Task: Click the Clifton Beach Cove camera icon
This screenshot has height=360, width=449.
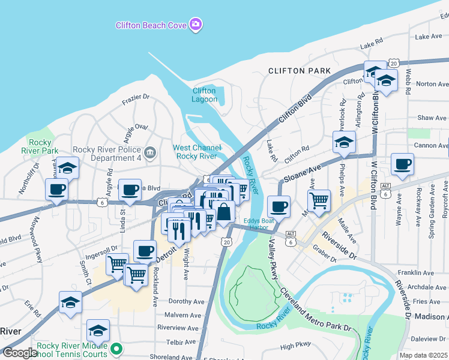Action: click(195, 25)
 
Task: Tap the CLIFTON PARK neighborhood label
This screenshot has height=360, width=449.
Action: click(300, 71)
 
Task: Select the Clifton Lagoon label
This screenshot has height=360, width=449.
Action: click(204, 95)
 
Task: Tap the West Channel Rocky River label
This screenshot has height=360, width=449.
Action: click(195, 152)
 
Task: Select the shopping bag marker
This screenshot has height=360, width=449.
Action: click(223, 212)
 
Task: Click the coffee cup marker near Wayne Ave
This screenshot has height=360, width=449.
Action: click(402, 164)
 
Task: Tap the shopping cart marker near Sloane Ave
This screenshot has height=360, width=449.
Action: click(319, 199)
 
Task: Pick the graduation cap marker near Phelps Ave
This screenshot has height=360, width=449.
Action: click(344, 142)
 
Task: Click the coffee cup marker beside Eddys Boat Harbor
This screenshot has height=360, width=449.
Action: click(279, 206)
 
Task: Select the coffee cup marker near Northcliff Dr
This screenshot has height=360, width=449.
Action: click(57, 190)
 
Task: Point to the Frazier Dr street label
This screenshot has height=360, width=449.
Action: click(135, 97)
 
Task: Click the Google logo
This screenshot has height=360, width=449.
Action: click(19, 353)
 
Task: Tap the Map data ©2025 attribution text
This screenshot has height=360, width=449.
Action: click(423, 355)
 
